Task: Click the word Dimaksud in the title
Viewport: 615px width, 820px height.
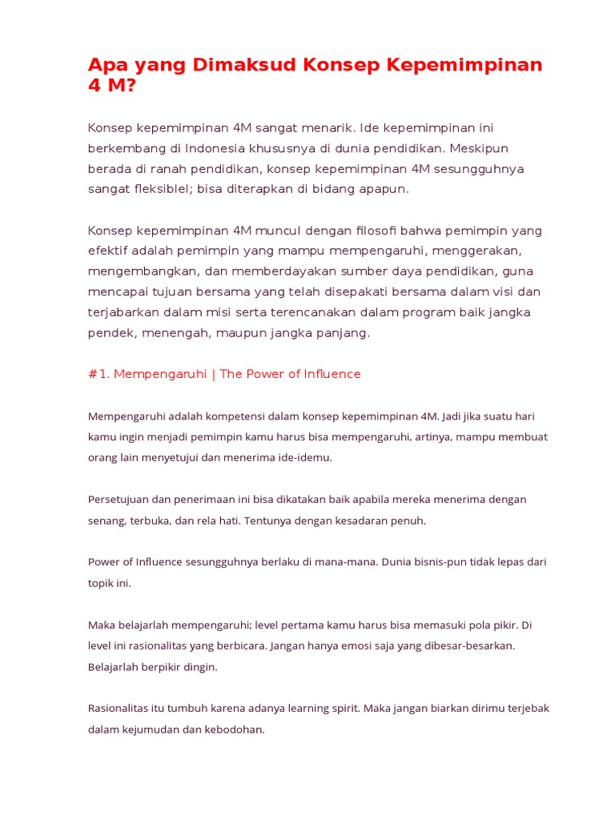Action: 244,66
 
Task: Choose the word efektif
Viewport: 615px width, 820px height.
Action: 109,251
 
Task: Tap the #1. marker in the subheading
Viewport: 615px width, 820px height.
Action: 98,375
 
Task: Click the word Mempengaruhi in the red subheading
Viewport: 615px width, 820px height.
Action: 160,375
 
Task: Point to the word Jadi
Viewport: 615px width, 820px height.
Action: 456,416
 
